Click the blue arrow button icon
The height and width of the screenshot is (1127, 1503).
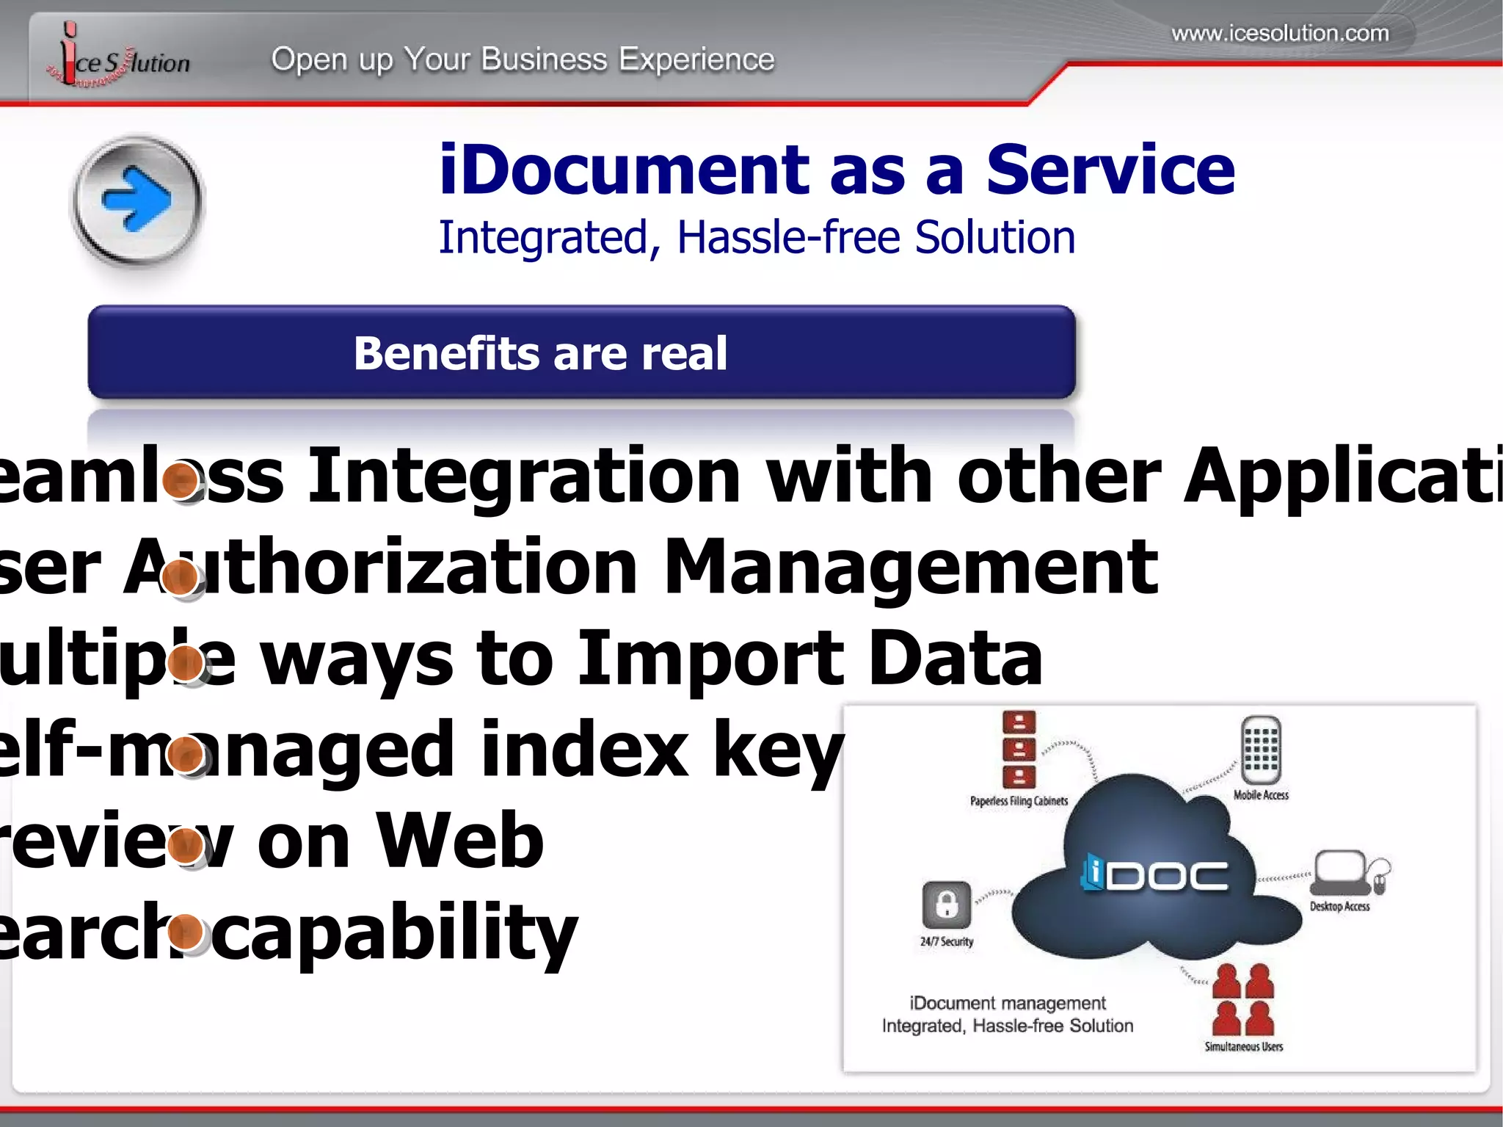pyautogui.click(x=137, y=200)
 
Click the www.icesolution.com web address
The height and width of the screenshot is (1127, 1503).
pyautogui.click(x=1280, y=33)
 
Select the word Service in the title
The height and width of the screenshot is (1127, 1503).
pyautogui.click(x=1110, y=170)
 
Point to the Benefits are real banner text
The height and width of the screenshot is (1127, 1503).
pyautogui.click(x=540, y=353)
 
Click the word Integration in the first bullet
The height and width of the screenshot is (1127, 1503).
pyautogui.click(x=524, y=476)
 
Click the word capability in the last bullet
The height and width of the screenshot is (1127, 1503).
pyautogui.click(x=399, y=932)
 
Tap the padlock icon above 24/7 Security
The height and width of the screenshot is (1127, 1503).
pyautogui.click(x=947, y=905)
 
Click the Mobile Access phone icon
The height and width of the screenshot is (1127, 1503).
pyautogui.click(x=1261, y=750)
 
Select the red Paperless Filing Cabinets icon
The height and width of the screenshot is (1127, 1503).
pyautogui.click(x=1019, y=749)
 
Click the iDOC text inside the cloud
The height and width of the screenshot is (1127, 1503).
pyautogui.click(x=1155, y=875)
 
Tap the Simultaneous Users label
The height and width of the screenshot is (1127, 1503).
pyautogui.click(x=1243, y=1047)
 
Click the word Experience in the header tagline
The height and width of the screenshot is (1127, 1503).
pyautogui.click(x=696, y=59)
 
